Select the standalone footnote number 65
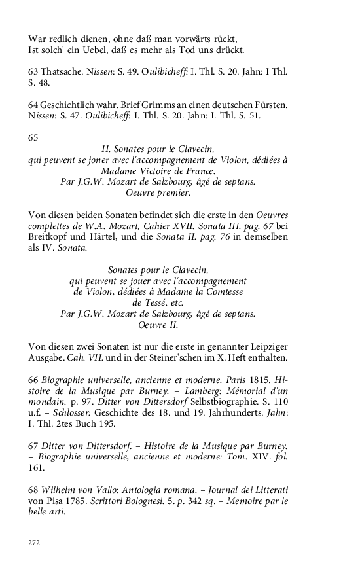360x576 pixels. pyautogui.click(x=33, y=137)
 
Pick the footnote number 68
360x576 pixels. pyautogui.click(x=33, y=490)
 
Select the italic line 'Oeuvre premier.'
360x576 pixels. pyautogui.click(x=158, y=193)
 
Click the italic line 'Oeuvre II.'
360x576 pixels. pyautogui.click(x=158, y=325)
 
